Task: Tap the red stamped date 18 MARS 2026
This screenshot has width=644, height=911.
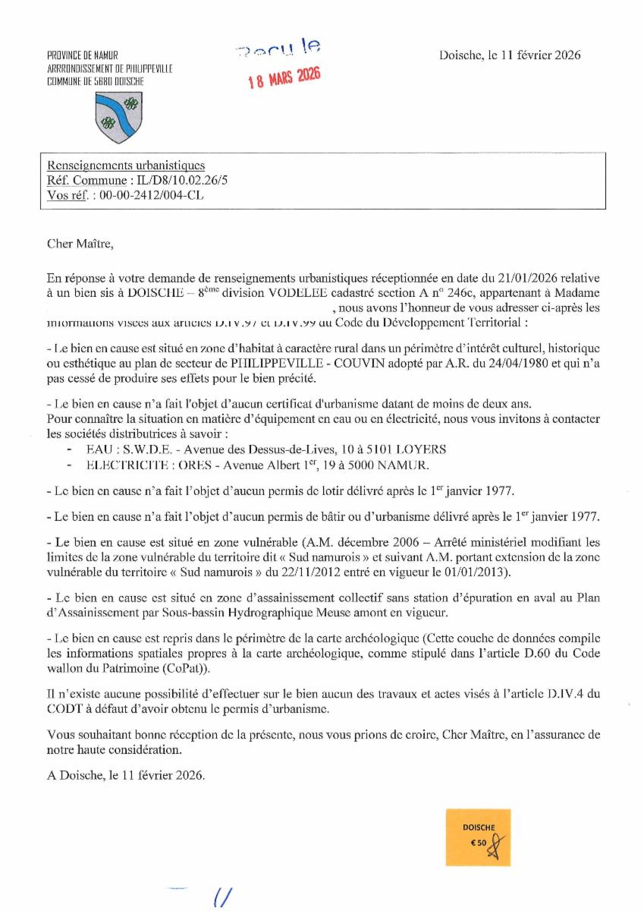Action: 286,77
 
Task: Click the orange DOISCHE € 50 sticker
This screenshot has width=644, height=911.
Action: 478,836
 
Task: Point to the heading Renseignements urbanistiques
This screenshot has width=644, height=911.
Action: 126,165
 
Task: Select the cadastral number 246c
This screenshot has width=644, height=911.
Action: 436,293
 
